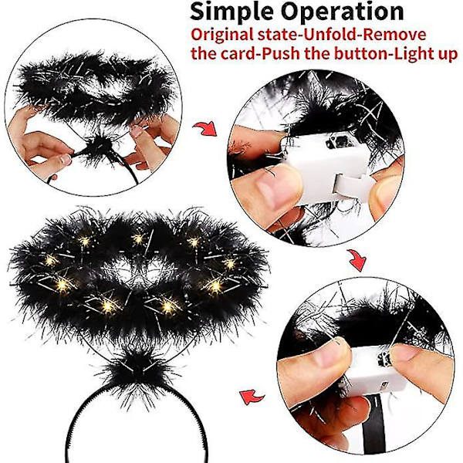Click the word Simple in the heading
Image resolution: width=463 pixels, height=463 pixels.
tap(231, 12)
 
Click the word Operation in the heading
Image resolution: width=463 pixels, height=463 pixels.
tap(342, 12)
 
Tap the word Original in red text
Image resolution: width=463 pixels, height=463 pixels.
tap(221, 35)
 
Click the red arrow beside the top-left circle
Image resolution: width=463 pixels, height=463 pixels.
tap(205, 128)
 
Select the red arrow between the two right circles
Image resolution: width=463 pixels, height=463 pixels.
tap(357, 260)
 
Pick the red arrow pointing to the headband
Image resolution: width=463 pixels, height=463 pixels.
tap(252, 397)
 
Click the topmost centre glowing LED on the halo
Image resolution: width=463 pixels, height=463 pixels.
tap(138, 238)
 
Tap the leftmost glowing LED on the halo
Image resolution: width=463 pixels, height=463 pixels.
tap(50, 261)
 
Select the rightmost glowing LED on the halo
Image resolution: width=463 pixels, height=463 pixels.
tap(230, 264)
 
